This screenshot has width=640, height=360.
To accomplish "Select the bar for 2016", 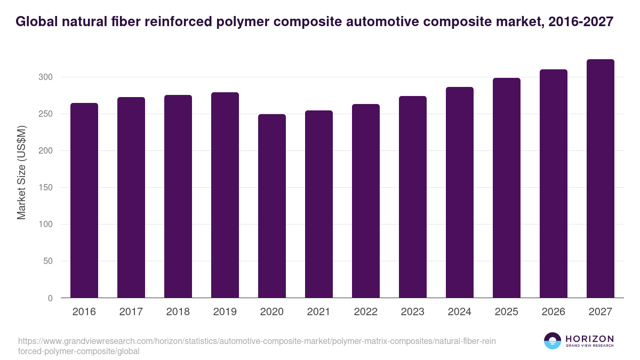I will click(x=84, y=201).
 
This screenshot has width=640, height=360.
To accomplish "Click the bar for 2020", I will click(x=272, y=206).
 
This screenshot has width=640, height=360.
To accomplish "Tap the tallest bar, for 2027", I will click(x=601, y=179).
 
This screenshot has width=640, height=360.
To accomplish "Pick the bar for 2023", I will click(x=413, y=197).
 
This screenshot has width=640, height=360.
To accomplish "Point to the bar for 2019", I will click(x=225, y=195).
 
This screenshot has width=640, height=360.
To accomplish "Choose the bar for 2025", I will click(x=507, y=188).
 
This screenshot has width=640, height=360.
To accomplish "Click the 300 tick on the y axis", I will click(x=46, y=77).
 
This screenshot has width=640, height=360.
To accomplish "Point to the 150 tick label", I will click(x=46, y=188).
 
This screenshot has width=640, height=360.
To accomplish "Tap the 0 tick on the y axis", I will click(x=50, y=298).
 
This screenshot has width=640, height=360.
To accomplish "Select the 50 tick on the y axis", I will click(x=48, y=261).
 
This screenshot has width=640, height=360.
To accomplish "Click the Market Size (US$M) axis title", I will click(x=21, y=172).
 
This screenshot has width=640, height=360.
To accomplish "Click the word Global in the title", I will click(x=37, y=22).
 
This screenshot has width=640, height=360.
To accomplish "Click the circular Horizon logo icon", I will click(x=553, y=341).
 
